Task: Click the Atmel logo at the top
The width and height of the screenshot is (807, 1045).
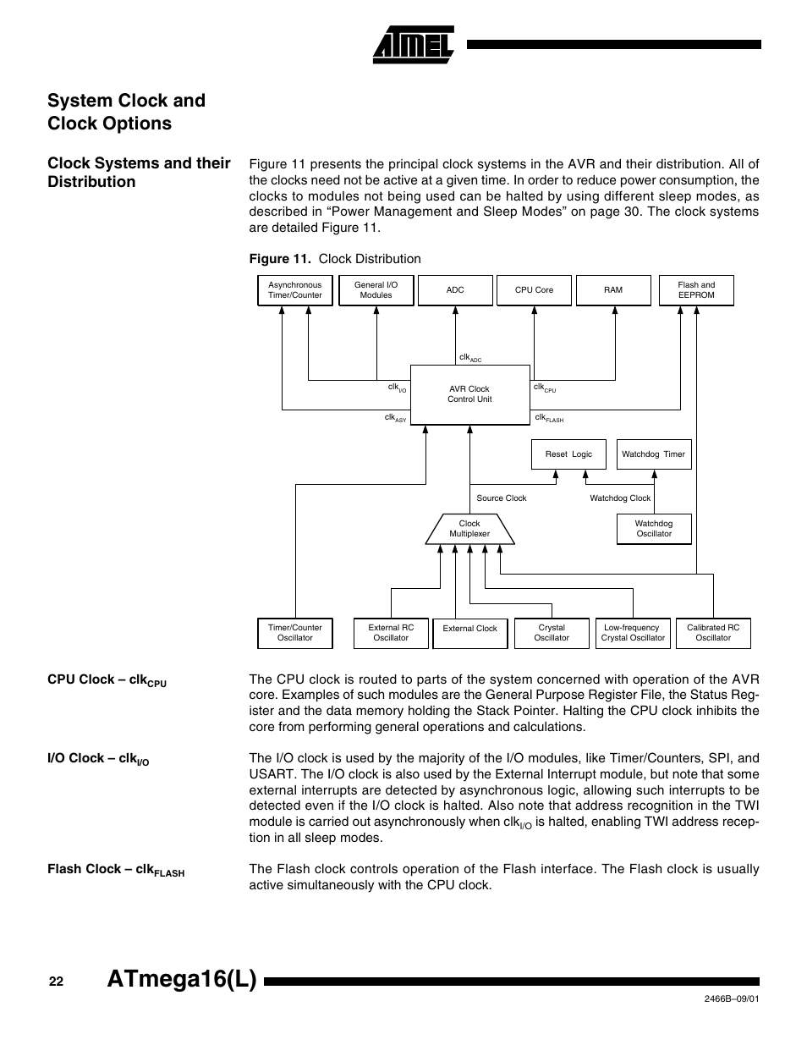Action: click(414, 44)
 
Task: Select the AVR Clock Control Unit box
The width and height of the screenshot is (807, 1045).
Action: click(469, 394)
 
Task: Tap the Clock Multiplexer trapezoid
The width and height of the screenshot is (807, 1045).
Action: click(469, 529)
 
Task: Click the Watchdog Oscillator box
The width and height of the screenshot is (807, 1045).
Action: click(654, 529)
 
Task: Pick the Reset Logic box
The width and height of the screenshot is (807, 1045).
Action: click(568, 454)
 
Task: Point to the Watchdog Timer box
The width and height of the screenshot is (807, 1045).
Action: click(653, 454)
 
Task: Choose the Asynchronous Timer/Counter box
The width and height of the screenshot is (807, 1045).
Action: click(294, 290)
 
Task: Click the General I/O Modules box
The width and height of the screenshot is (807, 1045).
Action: click(376, 290)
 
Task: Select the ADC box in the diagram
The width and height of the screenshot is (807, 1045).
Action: click(455, 290)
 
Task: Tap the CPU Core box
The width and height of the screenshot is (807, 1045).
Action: click(534, 290)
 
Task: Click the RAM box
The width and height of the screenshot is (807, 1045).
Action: click(613, 290)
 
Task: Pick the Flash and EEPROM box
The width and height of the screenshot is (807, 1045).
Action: click(696, 290)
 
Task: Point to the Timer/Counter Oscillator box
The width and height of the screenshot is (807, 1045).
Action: click(294, 633)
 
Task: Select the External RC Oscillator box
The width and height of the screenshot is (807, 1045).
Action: click(391, 633)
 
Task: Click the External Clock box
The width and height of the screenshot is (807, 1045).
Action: click(469, 633)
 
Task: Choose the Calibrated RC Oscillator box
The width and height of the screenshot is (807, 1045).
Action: click(713, 633)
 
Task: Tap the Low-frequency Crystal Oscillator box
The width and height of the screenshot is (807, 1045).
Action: click(632, 633)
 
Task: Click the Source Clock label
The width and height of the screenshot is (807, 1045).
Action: click(501, 498)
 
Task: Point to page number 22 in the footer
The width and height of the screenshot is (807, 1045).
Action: click(56, 982)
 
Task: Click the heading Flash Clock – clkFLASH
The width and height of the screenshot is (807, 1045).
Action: click(115, 870)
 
